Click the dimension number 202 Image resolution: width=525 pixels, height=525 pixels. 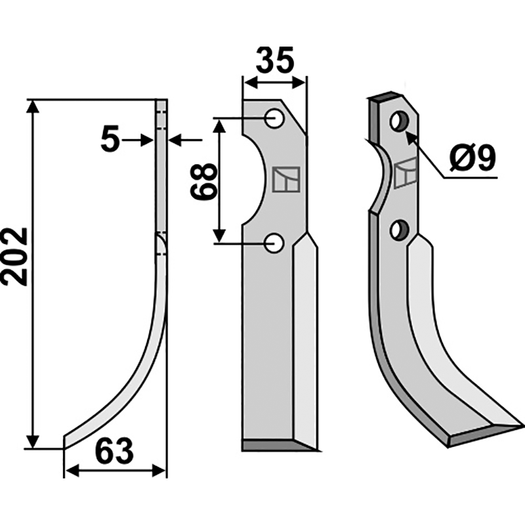click(x=14, y=257)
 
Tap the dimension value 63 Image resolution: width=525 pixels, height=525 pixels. click(x=114, y=451)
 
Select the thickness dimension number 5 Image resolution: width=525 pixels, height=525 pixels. click(x=110, y=140)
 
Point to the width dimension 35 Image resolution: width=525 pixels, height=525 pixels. click(x=275, y=60)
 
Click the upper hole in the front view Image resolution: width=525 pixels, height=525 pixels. click(x=274, y=118)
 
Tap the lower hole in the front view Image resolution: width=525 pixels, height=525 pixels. click(x=274, y=243)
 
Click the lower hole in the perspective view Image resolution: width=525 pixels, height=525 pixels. click(x=399, y=230)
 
